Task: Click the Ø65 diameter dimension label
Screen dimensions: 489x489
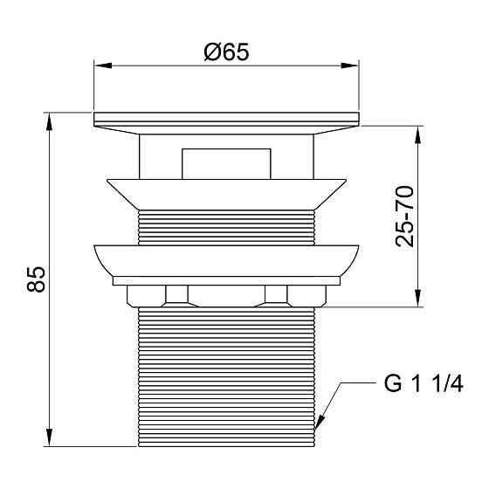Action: (226, 52)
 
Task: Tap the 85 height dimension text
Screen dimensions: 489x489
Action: (36, 279)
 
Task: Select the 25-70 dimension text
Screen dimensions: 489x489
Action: (404, 217)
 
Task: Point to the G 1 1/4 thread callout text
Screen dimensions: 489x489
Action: (424, 383)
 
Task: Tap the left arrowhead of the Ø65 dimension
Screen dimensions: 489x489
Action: (103, 65)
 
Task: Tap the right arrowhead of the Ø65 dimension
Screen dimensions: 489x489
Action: (350, 65)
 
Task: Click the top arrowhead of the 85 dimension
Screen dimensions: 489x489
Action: (49, 121)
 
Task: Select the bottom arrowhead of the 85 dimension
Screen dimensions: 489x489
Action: (49, 437)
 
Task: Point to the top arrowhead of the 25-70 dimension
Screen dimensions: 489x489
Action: (418, 134)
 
